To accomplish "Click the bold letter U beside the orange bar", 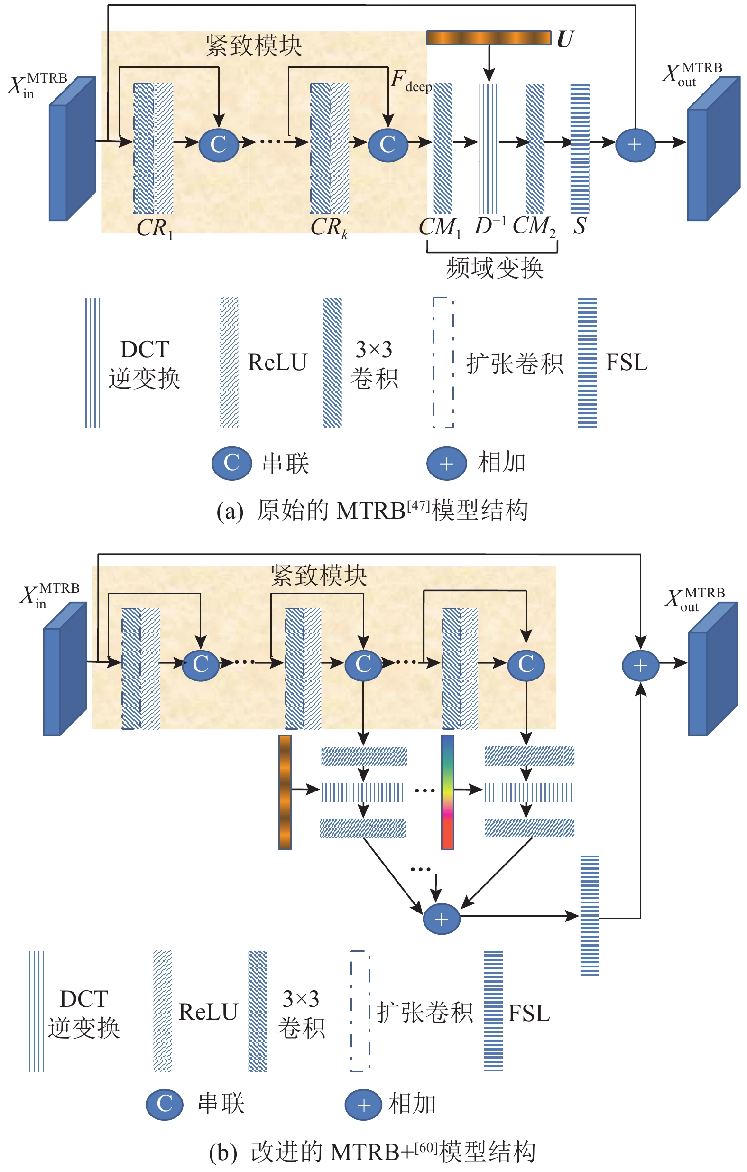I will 564,38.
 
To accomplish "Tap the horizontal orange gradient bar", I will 488,38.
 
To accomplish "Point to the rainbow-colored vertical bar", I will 447,792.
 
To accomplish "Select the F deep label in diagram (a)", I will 411,80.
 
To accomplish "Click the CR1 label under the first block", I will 155,228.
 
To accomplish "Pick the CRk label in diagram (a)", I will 329,227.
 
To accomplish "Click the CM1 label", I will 440,227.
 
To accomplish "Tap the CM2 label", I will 534,226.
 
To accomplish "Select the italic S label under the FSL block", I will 579,226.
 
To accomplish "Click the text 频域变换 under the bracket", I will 494,268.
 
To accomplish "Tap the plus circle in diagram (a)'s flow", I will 635,145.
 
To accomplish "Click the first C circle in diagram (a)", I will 219,145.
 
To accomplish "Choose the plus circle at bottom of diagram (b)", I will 442,920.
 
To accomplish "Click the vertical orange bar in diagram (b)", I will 285,792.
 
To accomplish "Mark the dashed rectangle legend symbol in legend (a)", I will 443,363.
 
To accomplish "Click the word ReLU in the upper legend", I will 277,363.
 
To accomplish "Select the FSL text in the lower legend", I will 529,1014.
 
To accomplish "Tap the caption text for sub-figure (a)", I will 372,511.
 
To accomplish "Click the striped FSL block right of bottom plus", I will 590,915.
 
